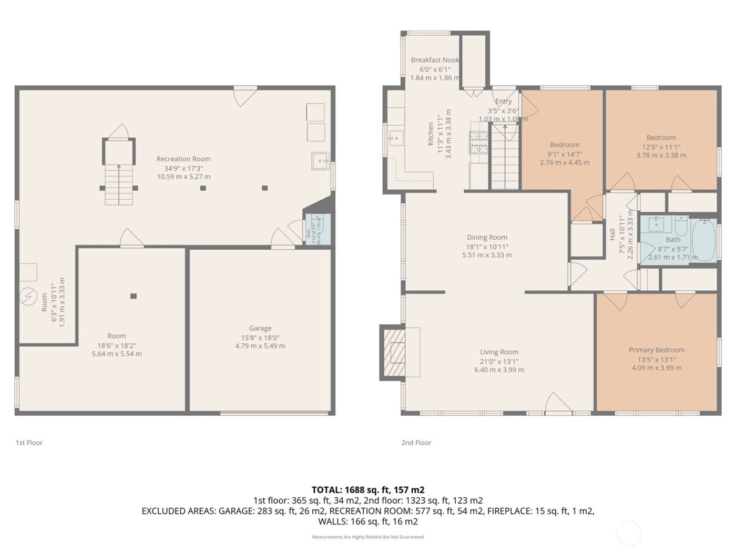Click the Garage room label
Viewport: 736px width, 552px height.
click(260, 328)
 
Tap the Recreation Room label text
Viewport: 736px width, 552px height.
click(183, 159)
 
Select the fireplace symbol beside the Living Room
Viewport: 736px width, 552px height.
click(393, 352)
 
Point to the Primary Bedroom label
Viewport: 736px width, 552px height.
click(657, 350)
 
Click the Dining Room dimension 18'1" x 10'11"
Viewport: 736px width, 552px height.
click(487, 247)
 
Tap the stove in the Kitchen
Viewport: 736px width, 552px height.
click(478, 142)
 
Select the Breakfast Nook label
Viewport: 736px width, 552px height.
click(435, 60)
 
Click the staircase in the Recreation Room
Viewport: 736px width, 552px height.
click(118, 184)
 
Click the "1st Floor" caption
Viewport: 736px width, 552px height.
click(29, 443)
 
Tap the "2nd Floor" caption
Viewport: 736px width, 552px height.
click(416, 443)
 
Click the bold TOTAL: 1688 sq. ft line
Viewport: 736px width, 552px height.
click(367, 490)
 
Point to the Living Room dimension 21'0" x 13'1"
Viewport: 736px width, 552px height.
click(499, 361)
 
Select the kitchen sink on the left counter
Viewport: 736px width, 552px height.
click(395, 139)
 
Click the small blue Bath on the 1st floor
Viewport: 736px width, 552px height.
click(318, 229)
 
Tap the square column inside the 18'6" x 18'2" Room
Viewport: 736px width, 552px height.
click(134, 296)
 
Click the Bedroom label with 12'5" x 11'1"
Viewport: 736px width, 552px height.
click(661, 138)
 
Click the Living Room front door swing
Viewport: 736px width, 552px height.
click(557, 403)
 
